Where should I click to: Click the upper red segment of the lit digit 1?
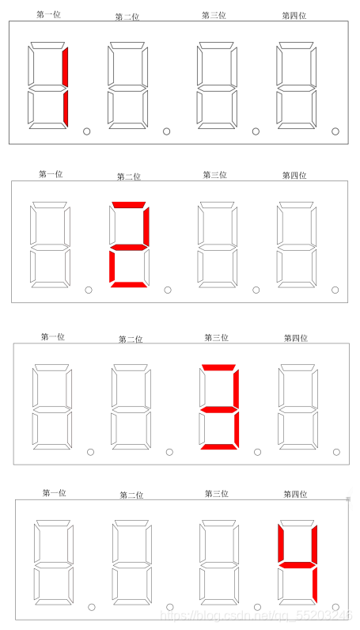(65, 66)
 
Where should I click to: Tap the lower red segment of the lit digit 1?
(66, 108)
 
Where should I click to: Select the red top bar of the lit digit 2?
(128, 204)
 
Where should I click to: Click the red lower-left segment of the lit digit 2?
(112, 265)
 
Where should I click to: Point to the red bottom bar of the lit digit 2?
(128, 285)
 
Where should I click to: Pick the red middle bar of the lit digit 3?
(218, 409)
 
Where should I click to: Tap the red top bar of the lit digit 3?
(218, 367)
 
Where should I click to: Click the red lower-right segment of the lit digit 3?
(237, 429)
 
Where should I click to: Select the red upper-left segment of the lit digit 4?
(281, 543)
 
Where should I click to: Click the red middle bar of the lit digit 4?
(297, 565)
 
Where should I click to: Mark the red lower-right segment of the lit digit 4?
(315, 585)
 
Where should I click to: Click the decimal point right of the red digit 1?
(86, 131)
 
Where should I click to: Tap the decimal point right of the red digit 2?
(168, 290)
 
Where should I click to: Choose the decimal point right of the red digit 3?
(257, 452)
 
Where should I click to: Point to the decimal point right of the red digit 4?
(335, 607)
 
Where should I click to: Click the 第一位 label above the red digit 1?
(48, 15)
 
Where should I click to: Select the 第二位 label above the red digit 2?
(128, 176)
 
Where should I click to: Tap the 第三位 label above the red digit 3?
(216, 337)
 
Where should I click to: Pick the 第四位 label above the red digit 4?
(295, 494)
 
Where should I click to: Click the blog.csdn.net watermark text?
(256, 615)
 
